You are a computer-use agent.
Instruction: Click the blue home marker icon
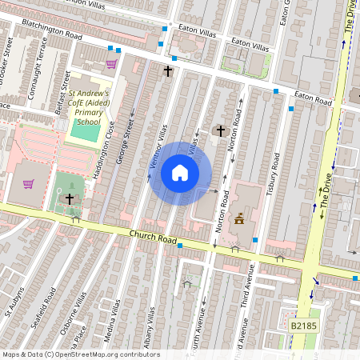[x=180, y=173]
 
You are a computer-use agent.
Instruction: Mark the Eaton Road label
[x=313, y=100]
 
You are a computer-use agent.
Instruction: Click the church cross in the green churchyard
[x=70, y=198]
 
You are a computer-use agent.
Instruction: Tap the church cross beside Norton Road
[x=220, y=130]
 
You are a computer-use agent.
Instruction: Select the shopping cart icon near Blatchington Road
[x=111, y=64]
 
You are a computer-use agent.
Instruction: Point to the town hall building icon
[x=238, y=218]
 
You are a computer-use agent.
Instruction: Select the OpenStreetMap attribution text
[x=81, y=354]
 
